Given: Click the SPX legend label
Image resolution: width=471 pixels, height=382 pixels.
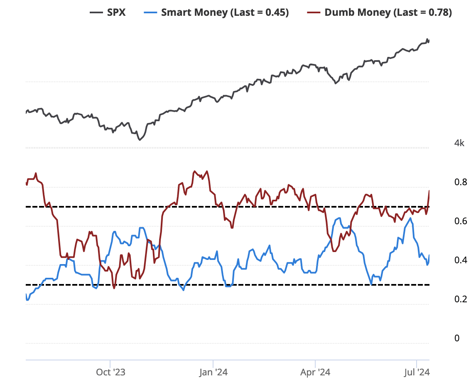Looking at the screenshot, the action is tap(116, 12).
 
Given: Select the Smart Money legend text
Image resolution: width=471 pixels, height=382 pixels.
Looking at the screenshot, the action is tap(225, 12).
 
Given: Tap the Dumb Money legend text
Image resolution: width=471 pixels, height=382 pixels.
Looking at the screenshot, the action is tap(388, 12).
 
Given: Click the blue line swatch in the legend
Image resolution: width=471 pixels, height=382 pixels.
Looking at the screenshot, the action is tap(150, 12).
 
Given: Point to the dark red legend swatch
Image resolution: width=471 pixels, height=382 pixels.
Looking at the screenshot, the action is tap(314, 12).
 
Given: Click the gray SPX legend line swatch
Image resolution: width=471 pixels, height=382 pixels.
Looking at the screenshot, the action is tap(96, 12).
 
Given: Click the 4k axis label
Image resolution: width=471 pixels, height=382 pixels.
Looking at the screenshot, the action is tap(459, 143).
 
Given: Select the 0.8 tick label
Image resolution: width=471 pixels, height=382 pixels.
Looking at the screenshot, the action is tap(461, 182).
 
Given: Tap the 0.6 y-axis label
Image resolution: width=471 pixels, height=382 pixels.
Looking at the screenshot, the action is tap(461, 221).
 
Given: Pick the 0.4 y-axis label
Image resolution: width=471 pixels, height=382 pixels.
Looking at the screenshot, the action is tap(461, 260).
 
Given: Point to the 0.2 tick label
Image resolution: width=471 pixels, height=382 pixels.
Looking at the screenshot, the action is tap(461, 299).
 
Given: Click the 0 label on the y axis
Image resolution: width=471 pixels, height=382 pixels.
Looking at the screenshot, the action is tap(457, 338).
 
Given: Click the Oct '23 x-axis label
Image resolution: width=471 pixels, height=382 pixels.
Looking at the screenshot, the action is tap(110, 372).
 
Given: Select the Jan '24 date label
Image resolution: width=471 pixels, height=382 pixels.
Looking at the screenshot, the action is tap(213, 372).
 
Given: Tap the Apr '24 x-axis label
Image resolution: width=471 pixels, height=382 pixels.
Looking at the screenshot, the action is tap(315, 372).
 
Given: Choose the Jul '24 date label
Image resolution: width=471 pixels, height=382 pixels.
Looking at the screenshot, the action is tap(417, 372).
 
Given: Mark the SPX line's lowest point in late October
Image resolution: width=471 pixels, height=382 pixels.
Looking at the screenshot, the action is tap(140, 140).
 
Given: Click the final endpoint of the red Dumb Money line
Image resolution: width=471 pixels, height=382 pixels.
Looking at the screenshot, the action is tap(429, 191).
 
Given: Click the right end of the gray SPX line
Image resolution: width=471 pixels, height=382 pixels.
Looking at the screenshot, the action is tap(429, 41).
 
